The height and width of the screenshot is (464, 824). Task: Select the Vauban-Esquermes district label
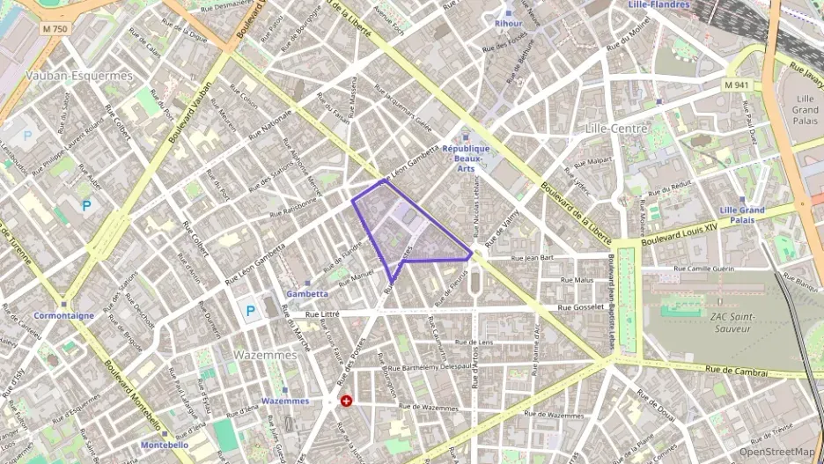click(79, 76)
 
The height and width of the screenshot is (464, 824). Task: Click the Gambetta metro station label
click(307, 293)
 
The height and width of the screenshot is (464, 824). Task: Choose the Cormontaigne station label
click(63, 314)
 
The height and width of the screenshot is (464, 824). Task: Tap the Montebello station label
click(164, 445)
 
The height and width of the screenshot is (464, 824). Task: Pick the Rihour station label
click(508, 24)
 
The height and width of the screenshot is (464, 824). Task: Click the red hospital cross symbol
click(347, 401)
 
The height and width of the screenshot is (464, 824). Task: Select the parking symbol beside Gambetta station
click(251, 311)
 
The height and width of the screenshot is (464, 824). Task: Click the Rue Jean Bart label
click(533, 258)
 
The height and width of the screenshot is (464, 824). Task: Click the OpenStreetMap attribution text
click(776, 452)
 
